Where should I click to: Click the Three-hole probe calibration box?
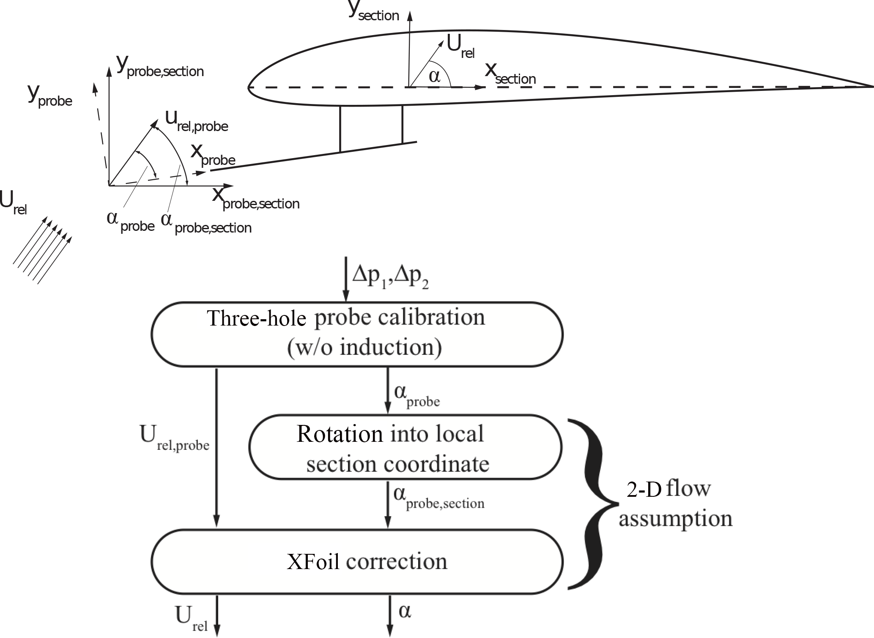(357, 334)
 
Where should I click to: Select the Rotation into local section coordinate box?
(405, 447)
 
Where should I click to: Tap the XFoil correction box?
(357, 561)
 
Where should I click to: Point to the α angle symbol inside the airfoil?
(434, 77)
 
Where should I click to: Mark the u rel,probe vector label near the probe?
(197, 121)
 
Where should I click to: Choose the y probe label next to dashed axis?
(50, 96)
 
